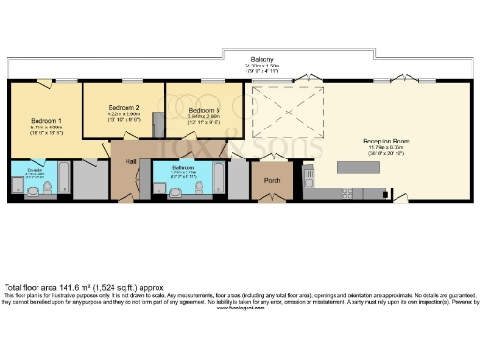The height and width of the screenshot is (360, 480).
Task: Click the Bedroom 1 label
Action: [46, 122]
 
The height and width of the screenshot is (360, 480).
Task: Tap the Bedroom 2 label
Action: [124, 108]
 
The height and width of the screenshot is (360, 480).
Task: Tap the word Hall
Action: [132, 161]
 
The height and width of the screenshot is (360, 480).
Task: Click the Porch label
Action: [273, 180]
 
